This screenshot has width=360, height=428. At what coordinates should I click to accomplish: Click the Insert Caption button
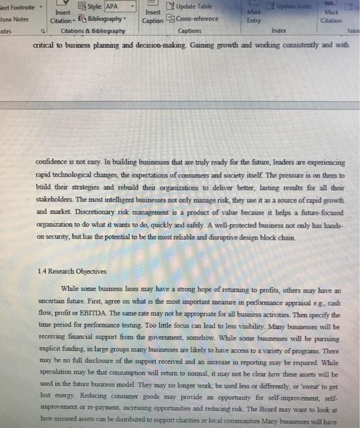tap(153, 15)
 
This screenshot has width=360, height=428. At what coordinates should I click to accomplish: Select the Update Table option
tap(193, 7)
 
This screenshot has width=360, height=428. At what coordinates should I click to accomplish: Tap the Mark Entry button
tap(254, 15)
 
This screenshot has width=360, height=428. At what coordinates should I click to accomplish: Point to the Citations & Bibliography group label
tap(93, 30)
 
